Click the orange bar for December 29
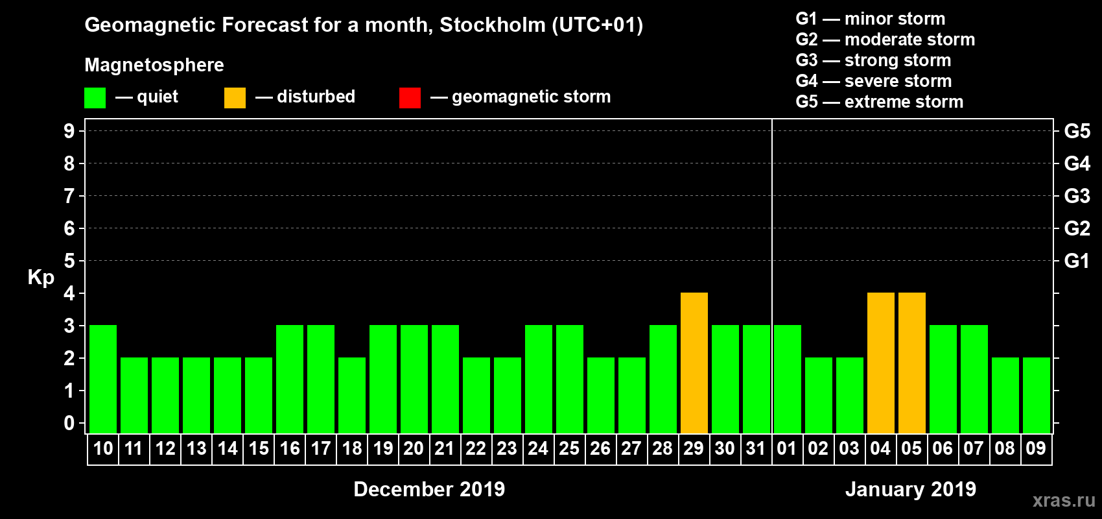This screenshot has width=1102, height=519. click(x=694, y=363)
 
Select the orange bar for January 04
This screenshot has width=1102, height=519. click(x=880, y=363)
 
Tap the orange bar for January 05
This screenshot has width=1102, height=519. click(x=911, y=363)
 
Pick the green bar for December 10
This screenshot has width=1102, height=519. click(x=103, y=380)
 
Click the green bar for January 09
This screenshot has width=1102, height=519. click(x=1036, y=396)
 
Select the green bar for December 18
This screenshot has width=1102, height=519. click(x=352, y=396)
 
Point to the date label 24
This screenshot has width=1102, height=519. click(x=538, y=449)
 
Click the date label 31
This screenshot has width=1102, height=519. click(x=756, y=449)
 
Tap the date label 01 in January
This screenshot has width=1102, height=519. click(x=786, y=449)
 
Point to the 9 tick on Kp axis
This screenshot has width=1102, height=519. click(x=69, y=131)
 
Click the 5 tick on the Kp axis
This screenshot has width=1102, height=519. click(x=69, y=261)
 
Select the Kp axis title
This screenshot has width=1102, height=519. click(x=41, y=278)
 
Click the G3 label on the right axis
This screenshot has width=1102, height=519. click(x=1077, y=196)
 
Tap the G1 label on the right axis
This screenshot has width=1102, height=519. click(x=1077, y=261)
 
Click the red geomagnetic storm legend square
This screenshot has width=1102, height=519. click(x=410, y=98)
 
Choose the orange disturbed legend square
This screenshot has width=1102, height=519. click(x=235, y=98)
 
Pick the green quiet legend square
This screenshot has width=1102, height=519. click(x=95, y=98)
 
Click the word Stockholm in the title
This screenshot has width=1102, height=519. click(x=493, y=25)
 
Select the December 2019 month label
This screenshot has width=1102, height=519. click(x=429, y=489)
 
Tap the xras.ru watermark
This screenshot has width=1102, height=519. click(x=1063, y=500)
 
